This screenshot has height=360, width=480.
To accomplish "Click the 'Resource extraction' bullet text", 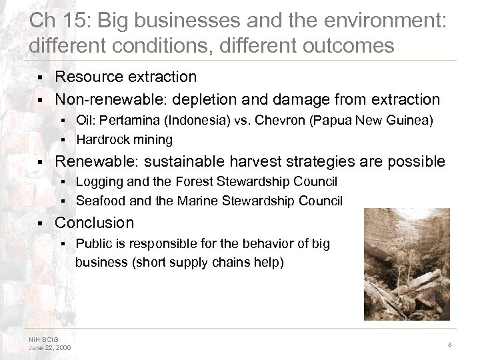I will point(126,77).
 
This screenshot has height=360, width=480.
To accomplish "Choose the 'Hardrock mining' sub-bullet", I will point(124,139).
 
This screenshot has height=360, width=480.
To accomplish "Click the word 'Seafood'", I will point(97,200).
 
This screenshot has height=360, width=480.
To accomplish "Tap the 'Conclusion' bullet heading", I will point(95,223).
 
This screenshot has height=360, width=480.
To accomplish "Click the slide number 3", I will point(450,344).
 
